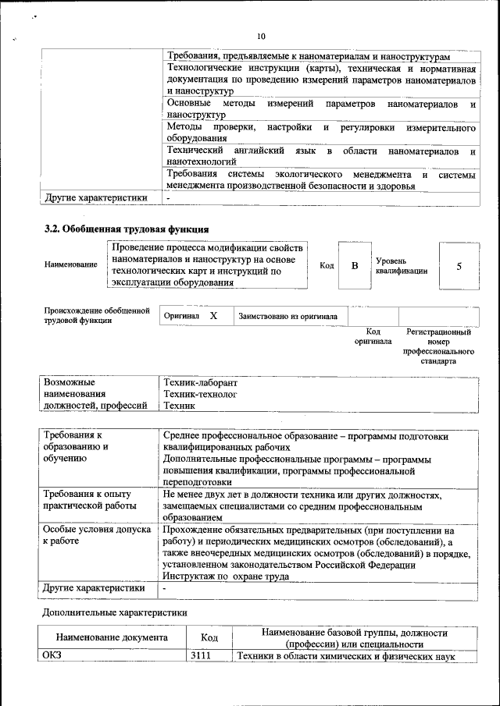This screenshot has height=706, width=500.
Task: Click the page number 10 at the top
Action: point(261,36)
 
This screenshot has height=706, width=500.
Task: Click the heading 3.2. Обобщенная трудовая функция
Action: point(126,229)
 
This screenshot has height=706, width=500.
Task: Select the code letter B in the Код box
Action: point(354,266)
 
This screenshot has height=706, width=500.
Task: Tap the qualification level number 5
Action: point(459,266)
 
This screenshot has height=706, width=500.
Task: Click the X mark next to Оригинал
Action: point(212,316)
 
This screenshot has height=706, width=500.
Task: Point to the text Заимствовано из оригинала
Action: point(288,317)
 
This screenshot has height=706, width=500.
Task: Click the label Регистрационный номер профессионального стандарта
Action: point(438,346)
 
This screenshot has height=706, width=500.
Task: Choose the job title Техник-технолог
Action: point(199,395)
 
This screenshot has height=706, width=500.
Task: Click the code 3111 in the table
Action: point(202,656)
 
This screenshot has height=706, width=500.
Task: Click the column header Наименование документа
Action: point(112,638)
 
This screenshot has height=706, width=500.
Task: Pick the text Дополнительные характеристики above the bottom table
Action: point(115,613)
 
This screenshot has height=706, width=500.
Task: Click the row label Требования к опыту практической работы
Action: point(87,500)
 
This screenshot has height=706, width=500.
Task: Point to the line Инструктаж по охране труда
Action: point(226,577)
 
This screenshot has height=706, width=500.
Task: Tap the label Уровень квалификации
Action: point(401,265)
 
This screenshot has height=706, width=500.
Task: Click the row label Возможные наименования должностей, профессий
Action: point(95,395)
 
